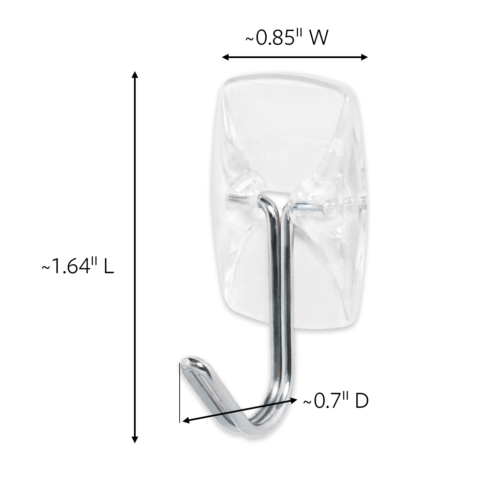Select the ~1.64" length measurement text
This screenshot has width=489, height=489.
coord(78,268)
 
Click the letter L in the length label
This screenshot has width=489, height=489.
coord(110,268)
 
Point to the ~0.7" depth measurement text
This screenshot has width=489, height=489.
coord(336,402)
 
